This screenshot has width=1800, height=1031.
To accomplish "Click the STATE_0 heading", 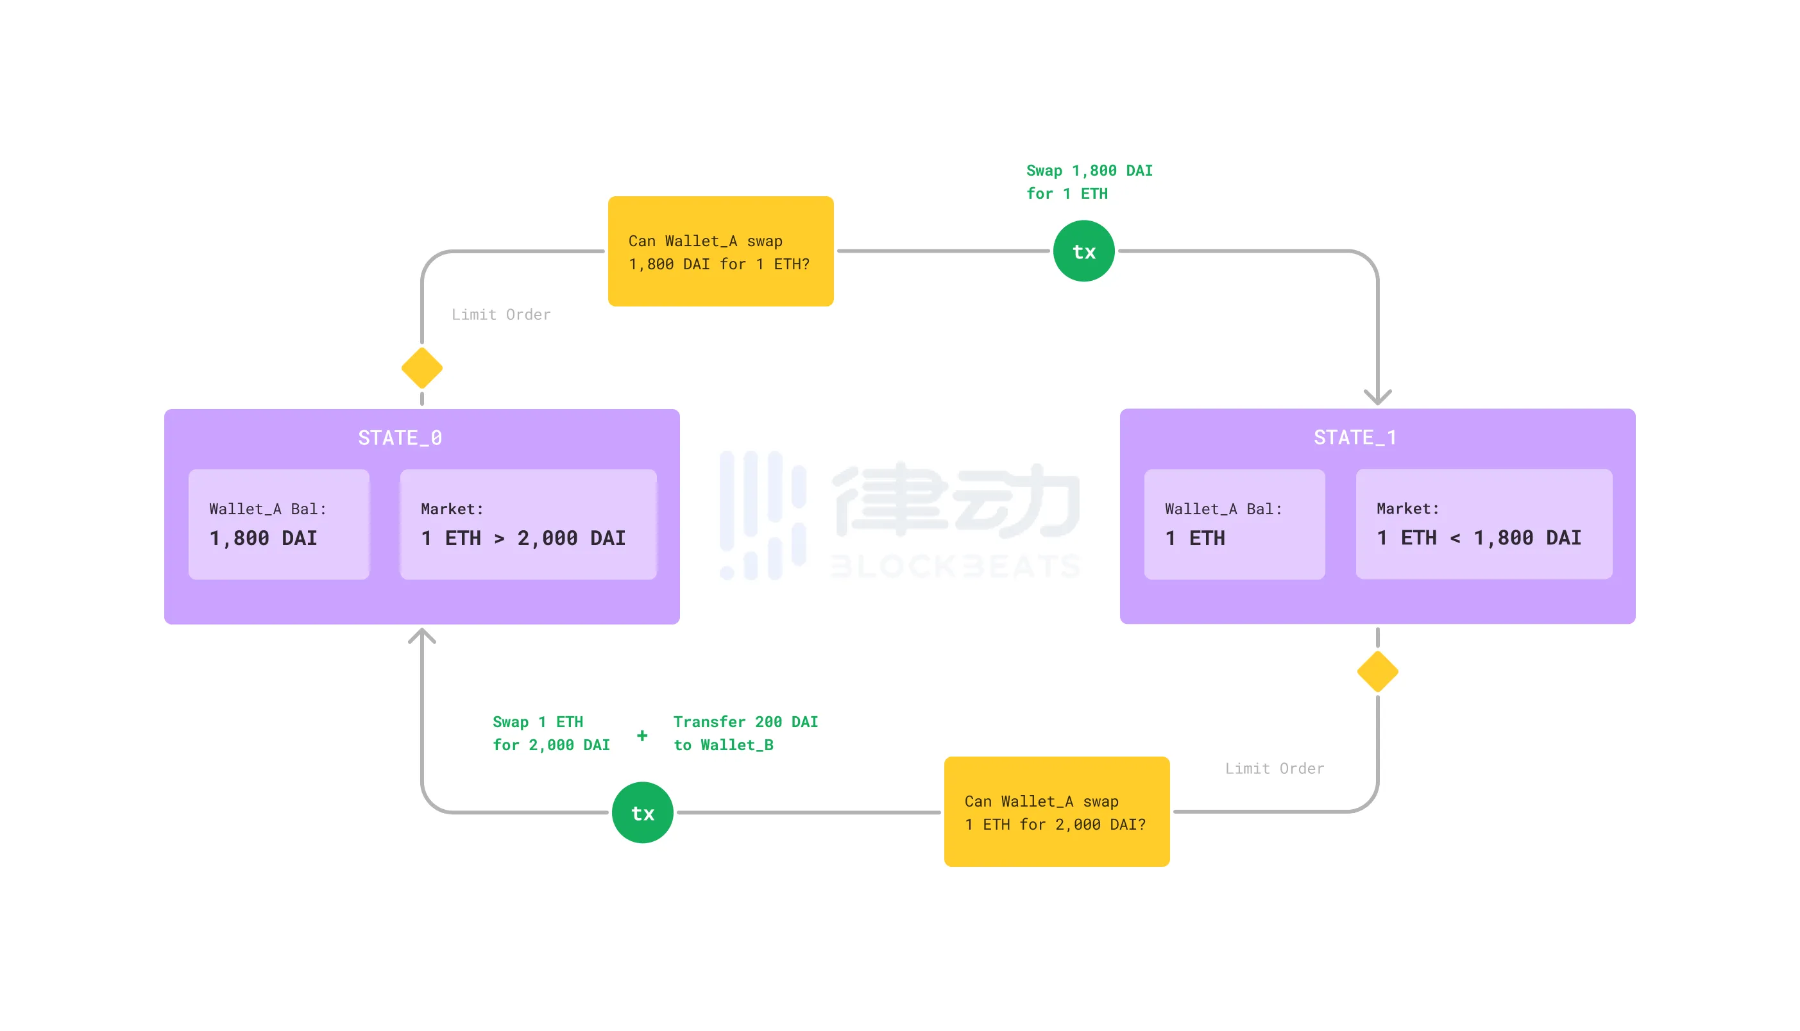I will coord(400,438).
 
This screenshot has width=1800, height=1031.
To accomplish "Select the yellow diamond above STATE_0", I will coord(421,368).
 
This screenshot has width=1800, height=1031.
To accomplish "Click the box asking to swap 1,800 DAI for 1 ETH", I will coord(720,251).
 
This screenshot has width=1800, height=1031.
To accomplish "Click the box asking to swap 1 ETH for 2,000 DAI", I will coord(1056,812).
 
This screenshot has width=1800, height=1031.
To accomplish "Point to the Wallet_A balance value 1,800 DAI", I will coord(263,538).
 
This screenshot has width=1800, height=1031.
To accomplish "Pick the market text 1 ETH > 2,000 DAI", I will coord(523,538).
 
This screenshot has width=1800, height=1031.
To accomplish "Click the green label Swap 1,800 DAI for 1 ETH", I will coord(1089,182).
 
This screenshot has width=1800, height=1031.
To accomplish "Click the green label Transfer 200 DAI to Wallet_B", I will coord(745,733).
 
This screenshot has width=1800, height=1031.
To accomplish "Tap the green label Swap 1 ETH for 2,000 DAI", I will coord(550,733).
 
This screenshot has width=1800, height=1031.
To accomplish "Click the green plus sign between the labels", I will coord(641,735).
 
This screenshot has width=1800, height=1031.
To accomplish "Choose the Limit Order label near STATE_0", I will coord(500,314).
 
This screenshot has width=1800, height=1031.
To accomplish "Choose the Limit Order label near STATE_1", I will coord(1274,768).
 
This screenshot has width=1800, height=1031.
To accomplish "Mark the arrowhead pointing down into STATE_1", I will coord(1377,398).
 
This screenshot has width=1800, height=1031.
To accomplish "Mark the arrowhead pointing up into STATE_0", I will coord(421,635).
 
